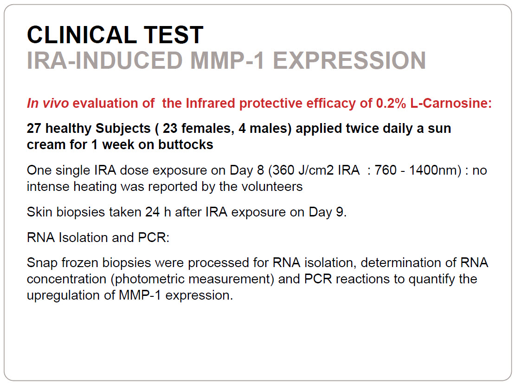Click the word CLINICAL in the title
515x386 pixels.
(82, 35)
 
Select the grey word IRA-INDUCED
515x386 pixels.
(104, 60)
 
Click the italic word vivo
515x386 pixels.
(56, 103)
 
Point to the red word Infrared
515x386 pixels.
(210, 103)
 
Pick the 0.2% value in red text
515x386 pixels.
(391, 103)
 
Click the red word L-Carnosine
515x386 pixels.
(451, 103)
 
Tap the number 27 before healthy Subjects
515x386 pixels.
(34, 128)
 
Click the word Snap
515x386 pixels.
(42, 263)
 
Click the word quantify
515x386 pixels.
(431, 279)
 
